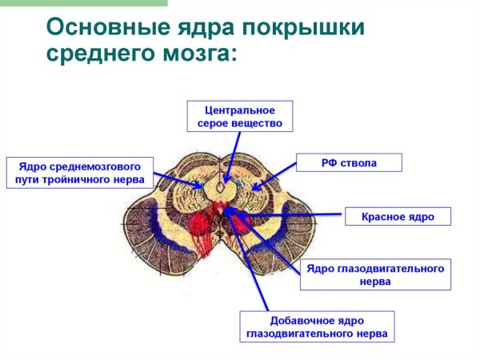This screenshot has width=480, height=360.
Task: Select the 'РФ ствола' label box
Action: [349, 163]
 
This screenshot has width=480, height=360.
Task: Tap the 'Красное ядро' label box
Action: [398, 216]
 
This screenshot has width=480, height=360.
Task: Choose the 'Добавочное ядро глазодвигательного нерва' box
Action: [316, 326]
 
